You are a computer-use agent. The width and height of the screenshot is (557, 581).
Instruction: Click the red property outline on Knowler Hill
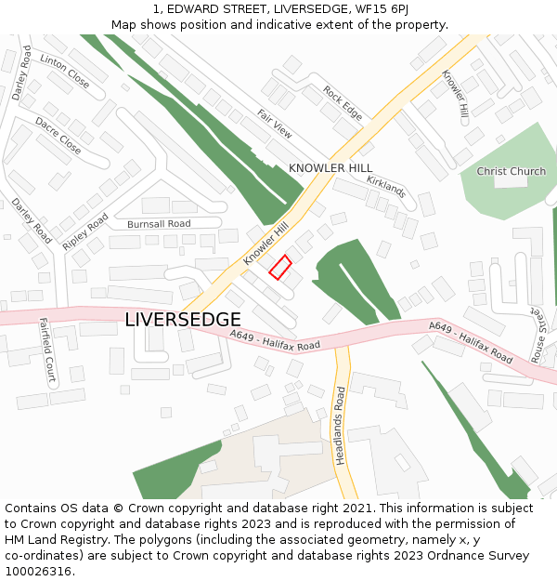(x=280, y=267)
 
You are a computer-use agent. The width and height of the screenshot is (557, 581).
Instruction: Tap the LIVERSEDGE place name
(x=183, y=320)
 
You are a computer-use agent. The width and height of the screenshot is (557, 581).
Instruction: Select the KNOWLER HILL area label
(x=330, y=168)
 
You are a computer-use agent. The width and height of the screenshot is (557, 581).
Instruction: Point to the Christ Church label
(x=512, y=172)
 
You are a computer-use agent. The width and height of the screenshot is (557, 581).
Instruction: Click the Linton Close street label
(x=65, y=72)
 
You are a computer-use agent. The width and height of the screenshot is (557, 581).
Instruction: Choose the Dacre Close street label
(x=58, y=136)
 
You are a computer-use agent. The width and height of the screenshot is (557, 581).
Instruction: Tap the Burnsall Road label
(x=159, y=224)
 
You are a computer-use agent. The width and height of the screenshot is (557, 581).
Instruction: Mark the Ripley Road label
(x=85, y=231)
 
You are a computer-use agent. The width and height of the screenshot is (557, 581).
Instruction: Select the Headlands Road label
(x=341, y=425)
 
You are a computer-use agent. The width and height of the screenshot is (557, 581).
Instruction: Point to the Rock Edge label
(x=343, y=103)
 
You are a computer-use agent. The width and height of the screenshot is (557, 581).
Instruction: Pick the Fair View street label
(x=275, y=124)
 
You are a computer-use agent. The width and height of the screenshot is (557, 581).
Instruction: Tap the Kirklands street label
(x=386, y=186)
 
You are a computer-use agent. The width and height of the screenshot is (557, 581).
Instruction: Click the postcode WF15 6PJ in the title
(x=385, y=8)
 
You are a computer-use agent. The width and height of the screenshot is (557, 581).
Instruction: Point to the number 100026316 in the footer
(x=40, y=571)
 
